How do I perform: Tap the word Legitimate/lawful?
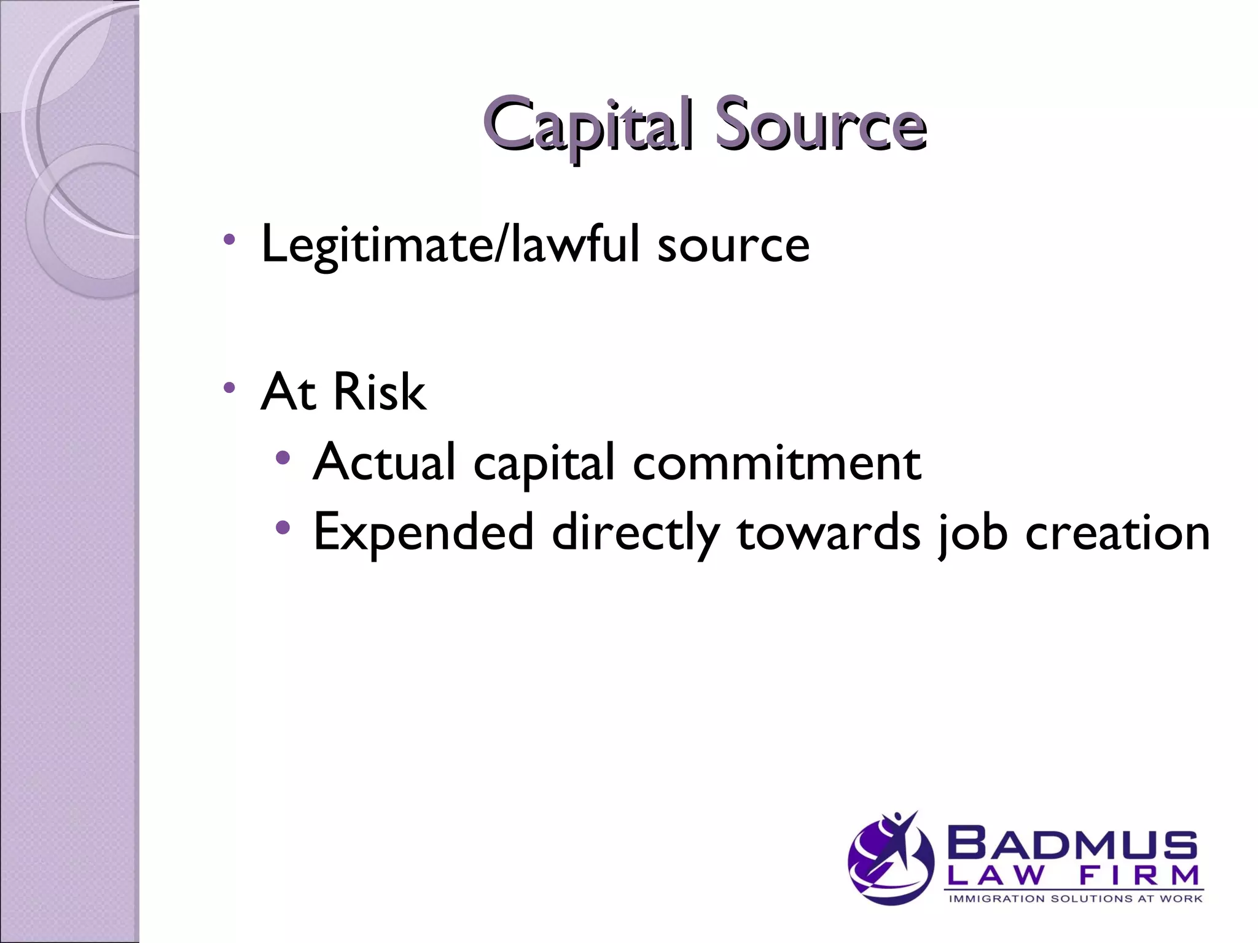click(451, 245)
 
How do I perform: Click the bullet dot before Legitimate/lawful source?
click(229, 239)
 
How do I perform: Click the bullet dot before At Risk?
click(229, 387)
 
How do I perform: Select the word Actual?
click(385, 462)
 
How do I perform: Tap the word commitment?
click(776, 462)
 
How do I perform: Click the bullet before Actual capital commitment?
click(282, 457)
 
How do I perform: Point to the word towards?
click(829, 532)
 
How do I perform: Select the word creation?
click(1117, 532)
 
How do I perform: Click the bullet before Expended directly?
click(282, 527)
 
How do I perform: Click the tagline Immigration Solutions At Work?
click(1075, 899)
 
